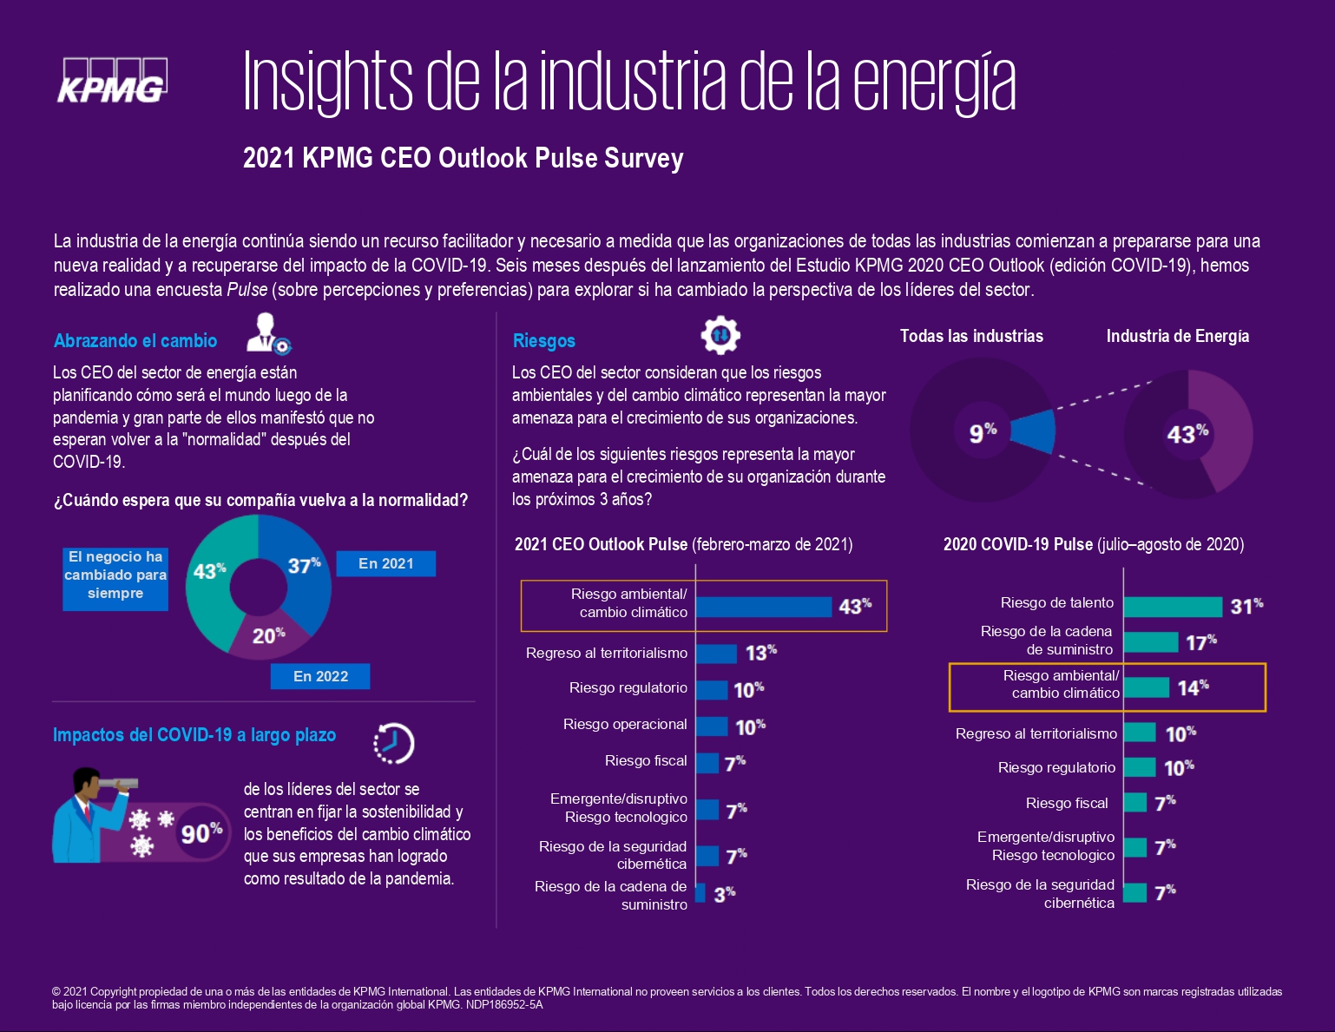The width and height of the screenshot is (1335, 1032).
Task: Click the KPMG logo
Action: coord(113,81)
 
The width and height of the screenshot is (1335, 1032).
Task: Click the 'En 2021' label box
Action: coord(385,563)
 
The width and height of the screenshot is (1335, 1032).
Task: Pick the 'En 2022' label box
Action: coord(320,676)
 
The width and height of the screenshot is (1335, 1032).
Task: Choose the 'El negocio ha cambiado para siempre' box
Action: coord(115,579)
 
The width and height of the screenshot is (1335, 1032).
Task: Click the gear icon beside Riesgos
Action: coord(720,335)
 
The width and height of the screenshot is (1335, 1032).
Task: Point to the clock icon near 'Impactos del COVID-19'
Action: coord(394,743)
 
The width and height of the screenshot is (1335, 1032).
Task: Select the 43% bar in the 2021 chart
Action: coord(764,607)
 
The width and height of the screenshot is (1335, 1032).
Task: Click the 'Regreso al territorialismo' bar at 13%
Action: coord(716,654)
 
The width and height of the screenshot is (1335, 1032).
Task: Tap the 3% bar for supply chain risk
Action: coord(700,893)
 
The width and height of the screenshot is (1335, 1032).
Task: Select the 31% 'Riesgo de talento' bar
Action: coord(1173,607)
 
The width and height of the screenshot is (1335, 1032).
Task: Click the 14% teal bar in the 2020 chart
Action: coord(1147,687)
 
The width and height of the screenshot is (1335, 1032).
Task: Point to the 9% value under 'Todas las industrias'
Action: coord(983,432)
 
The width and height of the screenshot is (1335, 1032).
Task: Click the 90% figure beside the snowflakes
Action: coord(201,833)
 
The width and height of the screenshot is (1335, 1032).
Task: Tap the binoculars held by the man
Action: coord(118,784)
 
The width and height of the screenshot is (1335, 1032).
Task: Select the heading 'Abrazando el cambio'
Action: coord(135,341)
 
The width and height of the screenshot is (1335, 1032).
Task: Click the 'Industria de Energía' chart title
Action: coord(1178,336)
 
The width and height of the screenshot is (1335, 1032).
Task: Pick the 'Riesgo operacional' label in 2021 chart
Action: coord(625,724)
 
